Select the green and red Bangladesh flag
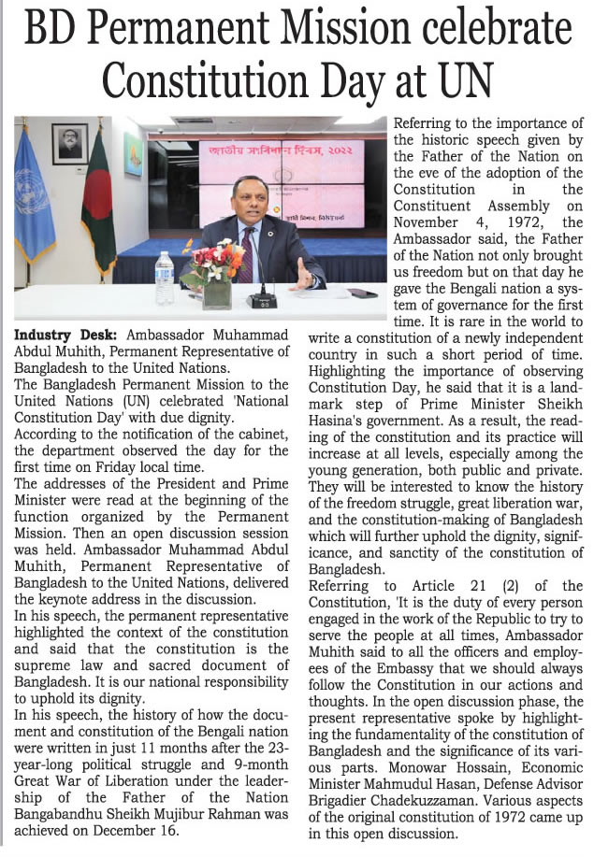tap(97, 220)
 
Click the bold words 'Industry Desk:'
tap(65, 334)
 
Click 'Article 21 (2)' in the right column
tap(497, 585)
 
